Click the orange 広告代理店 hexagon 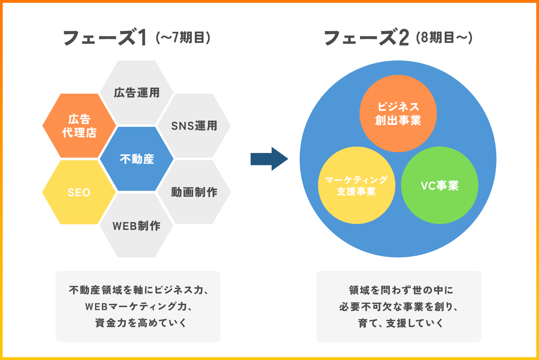(79, 126)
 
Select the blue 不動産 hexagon (137, 159)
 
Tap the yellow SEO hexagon (79, 192)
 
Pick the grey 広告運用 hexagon (137, 93)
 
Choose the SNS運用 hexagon (194, 126)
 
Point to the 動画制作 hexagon (194, 192)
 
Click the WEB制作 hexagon (137, 226)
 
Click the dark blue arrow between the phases (269, 159)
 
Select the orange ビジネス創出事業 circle (398, 114)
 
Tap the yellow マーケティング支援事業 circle (356, 185)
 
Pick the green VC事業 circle (439, 185)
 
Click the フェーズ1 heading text (104, 38)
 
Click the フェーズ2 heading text (366, 38)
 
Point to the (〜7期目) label (183, 37)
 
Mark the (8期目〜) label (444, 37)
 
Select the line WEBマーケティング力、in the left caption (138, 306)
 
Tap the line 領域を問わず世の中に (401, 290)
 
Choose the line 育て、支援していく (401, 323)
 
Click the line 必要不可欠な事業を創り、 (399, 306)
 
